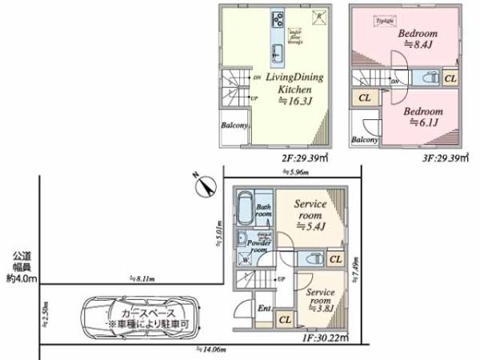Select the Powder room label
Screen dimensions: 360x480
[258, 246]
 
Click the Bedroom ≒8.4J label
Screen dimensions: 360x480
[416, 39]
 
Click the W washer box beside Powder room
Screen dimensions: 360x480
[244, 258]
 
